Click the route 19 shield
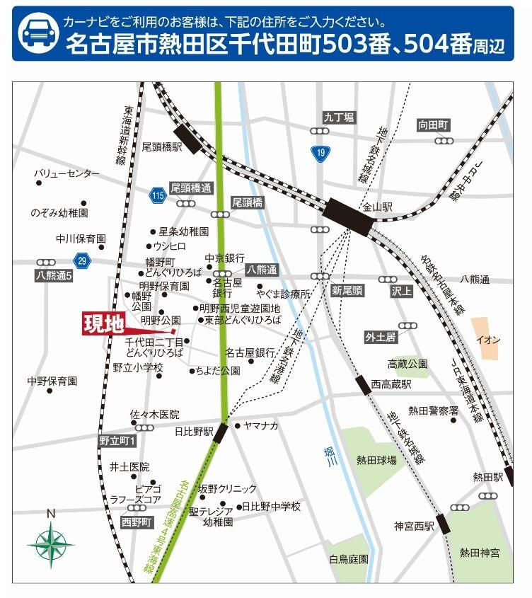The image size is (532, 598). click(322, 153)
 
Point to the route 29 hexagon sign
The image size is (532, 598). click(83, 261)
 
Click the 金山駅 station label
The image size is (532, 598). click(378, 208)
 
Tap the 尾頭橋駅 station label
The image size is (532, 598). click(161, 146)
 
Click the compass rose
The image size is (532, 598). click(50, 543)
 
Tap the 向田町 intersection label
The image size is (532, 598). click(433, 125)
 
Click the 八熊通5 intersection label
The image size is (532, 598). click(54, 275)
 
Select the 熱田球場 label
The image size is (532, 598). click(376, 459)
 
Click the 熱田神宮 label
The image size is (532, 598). click(479, 552)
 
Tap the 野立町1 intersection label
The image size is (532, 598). click(117, 441)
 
